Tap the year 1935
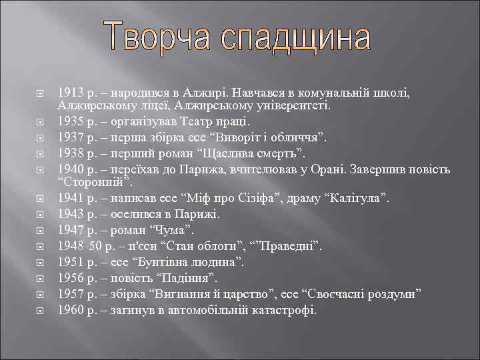(70, 122)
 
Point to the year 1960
(70, 310)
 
